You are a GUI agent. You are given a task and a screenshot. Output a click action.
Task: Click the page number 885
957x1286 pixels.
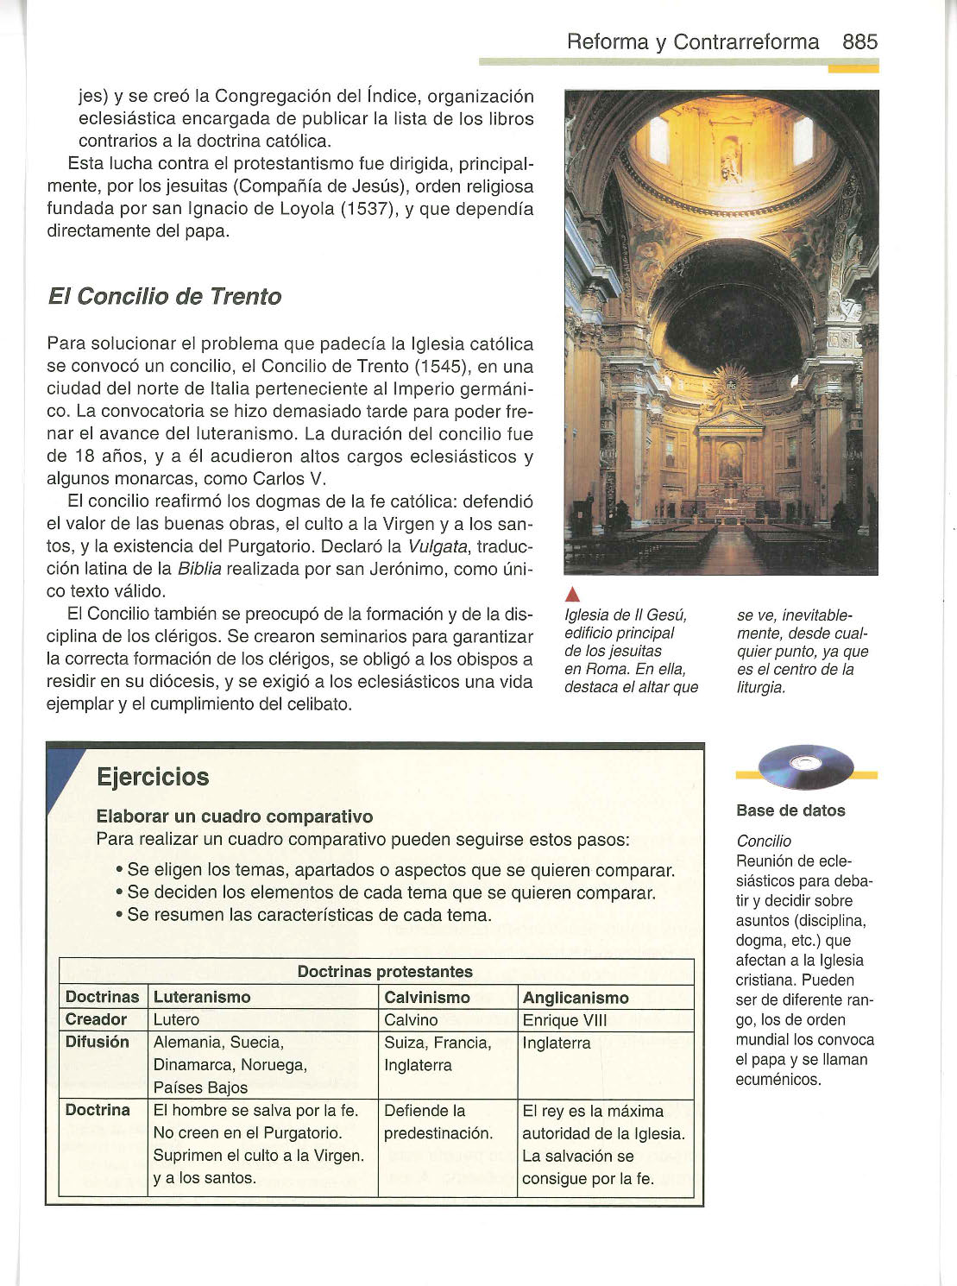point(859,41)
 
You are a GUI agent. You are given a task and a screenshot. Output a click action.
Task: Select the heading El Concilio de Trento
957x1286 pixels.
point(164,297)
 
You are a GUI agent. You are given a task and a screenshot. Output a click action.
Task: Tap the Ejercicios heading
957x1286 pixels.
point(153,777)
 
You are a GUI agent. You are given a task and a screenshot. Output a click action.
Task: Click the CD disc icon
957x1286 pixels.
point(804,766)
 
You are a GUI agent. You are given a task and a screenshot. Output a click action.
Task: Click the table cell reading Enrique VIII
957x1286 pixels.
point(564,1020)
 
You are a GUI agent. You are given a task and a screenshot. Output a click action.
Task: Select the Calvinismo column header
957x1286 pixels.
point(426,997)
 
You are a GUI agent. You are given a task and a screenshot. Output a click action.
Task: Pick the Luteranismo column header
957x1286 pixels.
point(202,997)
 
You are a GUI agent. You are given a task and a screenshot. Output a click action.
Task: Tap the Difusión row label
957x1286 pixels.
point(98,1042)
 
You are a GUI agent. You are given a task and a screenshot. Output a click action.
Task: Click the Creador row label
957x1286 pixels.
point(96,1019)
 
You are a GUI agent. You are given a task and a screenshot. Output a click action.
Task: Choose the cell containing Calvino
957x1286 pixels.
point(411,1020)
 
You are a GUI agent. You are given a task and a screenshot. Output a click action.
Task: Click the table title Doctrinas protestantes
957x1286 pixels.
point(385,972)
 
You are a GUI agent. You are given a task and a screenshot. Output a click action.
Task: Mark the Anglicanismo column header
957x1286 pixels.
point(576,998)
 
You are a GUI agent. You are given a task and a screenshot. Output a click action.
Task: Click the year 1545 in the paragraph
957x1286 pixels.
point(437,366)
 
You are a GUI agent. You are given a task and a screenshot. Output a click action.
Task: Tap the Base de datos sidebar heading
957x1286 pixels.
point(790,810)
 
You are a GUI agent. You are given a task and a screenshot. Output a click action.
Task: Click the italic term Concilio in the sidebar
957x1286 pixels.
point(764,841)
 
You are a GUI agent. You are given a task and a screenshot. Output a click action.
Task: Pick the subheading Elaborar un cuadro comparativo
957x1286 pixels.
point(235,816)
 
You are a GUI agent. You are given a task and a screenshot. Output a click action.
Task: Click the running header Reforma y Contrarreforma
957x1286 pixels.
point(693,41)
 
